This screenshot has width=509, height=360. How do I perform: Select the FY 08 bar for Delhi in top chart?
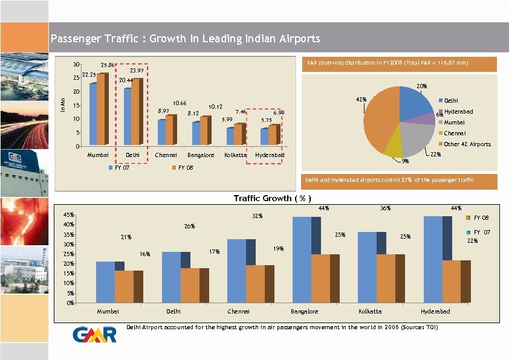tap(137, 112)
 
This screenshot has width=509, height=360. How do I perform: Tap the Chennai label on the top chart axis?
tap(165, 156)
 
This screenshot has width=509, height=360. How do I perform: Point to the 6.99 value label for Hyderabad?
tap(279, 113)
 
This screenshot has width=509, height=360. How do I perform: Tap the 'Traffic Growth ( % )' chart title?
tap(272, 198)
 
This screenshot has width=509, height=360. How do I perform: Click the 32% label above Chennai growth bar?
tap(258, 216)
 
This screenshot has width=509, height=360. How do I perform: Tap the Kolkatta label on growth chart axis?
tap(369, 312)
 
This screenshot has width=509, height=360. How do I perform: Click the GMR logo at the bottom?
tap(94, 335)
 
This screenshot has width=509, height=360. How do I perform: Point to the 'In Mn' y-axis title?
tap(62, 104)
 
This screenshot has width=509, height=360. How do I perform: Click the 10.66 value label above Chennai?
tap(180, 103)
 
